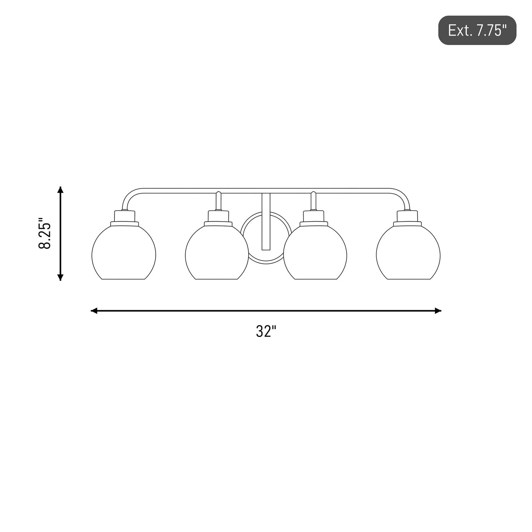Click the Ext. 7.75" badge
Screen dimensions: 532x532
477,30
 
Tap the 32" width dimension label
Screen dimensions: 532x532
266,332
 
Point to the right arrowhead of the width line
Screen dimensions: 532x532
438,311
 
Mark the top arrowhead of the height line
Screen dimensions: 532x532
61,190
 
